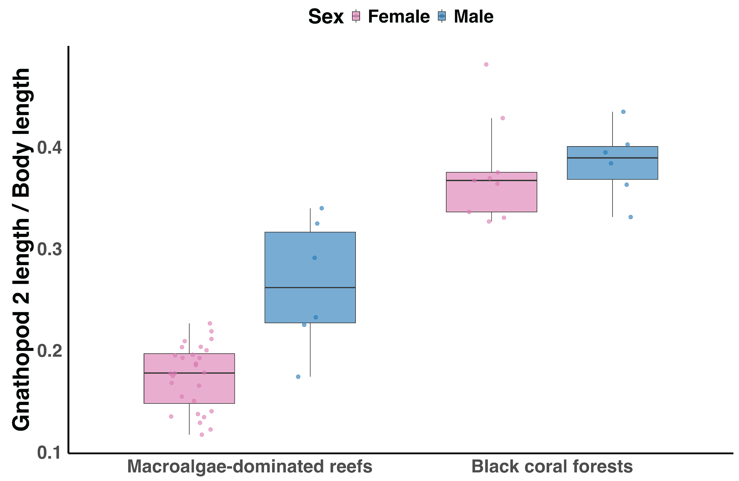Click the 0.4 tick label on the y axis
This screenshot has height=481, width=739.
(x=49, y=148)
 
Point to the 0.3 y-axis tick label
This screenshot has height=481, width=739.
(x=49, y=250)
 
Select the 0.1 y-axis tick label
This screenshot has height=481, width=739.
(x=49, y=453)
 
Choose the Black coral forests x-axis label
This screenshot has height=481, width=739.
(x=552, y=467)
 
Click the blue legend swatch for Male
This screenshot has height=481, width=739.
(x=442, y=16)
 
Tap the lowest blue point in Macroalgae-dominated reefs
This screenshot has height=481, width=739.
(x=298, y=377)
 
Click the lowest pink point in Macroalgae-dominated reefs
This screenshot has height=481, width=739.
(x=202, y=435)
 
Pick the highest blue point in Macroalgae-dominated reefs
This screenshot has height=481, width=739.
(x=322, y=208)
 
